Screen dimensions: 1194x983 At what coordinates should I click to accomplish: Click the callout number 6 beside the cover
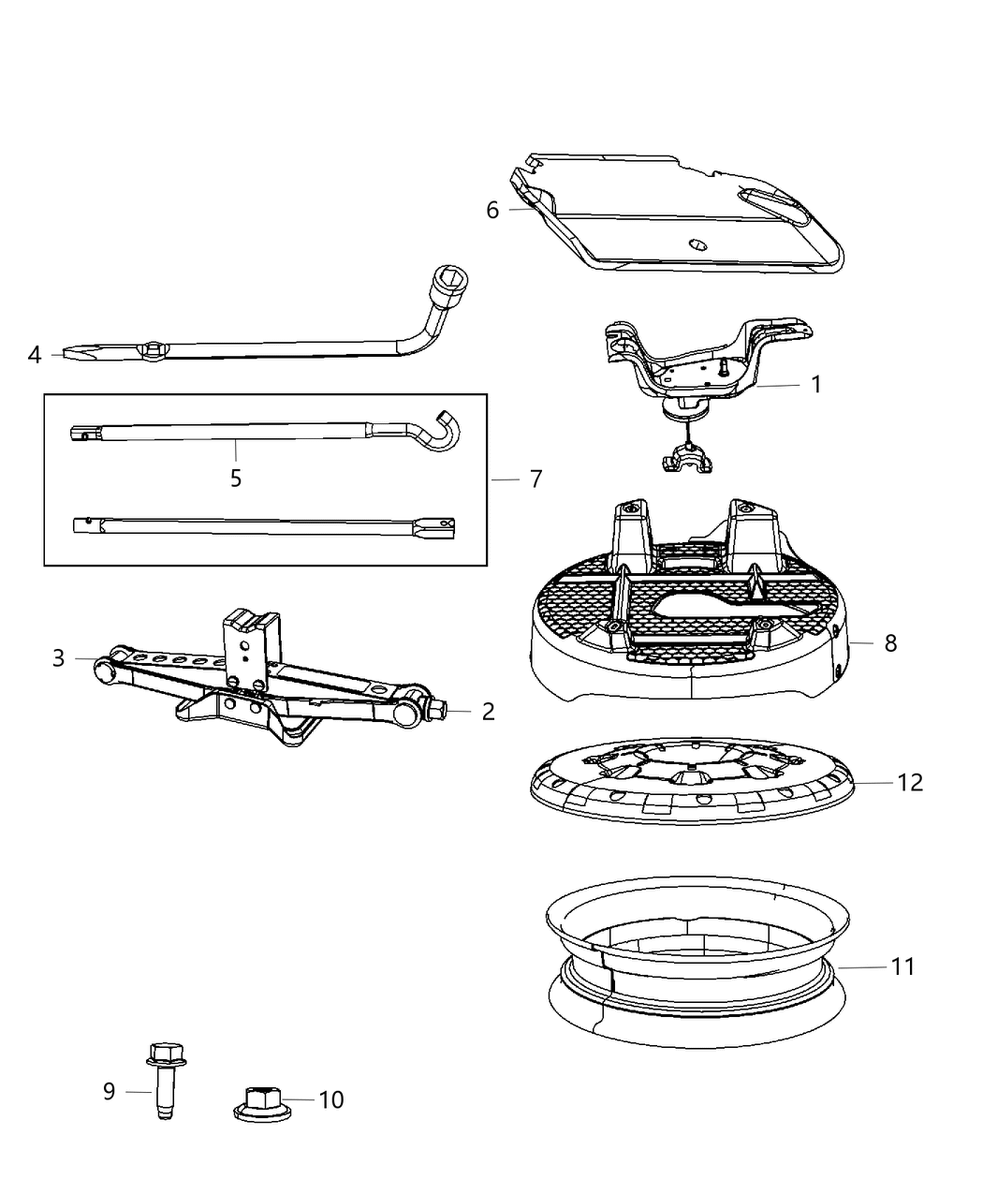(x=492, y=210)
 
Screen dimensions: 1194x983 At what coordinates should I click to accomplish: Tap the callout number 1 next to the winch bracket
(x=815, y=385)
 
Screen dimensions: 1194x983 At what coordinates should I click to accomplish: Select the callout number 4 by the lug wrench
(x=35, y=355)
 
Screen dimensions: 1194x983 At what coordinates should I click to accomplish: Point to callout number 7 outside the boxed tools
(x=536, y=479)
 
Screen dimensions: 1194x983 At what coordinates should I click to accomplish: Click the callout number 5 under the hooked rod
(x=236, y=479)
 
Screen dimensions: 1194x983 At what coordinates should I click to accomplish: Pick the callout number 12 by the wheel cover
(x=910, y=782)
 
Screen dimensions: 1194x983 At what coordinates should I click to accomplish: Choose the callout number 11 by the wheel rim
(x=902, y=966)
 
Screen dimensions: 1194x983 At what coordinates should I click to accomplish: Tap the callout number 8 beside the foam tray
(x=889, y=643)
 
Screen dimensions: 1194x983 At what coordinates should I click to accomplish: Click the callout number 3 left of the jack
(x=59, y=658)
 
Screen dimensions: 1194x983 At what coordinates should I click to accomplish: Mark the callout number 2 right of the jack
(x=488, y=712)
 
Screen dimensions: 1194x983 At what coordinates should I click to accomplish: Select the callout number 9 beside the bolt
(x=109, y=1091)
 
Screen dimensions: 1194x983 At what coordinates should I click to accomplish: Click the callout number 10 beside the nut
(x=331, y=1099)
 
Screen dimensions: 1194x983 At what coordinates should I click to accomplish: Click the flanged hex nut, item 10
(x=257, y=1102)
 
